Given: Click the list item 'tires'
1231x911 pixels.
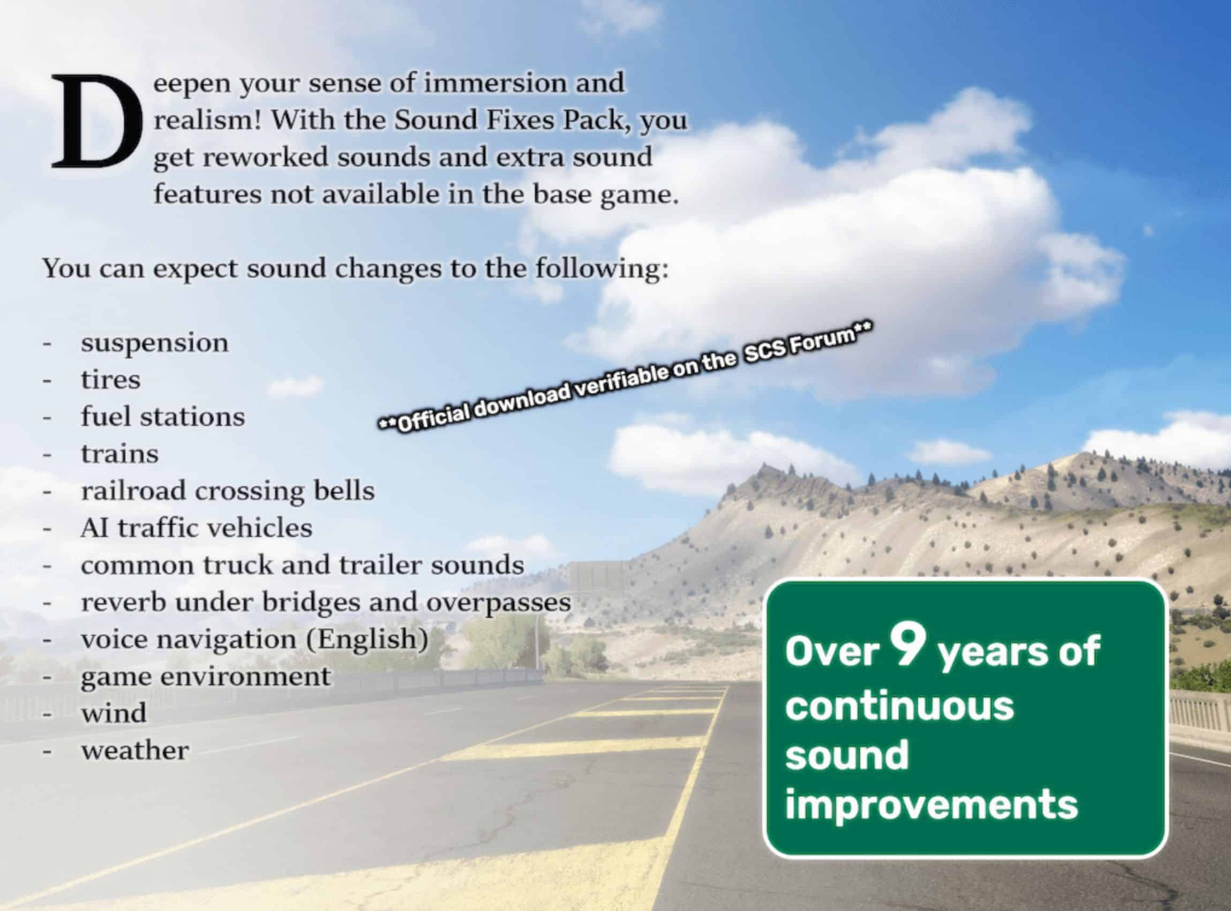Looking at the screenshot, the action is click(110, 379).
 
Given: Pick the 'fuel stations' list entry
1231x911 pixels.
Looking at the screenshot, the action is click(163, 416).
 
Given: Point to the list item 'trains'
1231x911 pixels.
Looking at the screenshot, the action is click(119, 454).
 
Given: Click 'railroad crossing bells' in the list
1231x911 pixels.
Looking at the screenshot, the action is click(228, 491).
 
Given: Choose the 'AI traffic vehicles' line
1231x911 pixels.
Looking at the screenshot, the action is click(197, 528).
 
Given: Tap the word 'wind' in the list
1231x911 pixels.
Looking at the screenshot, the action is click(114, 713).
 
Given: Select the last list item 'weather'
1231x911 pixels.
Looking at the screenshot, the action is click(135, 750).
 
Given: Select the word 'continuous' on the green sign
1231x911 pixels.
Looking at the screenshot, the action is click(899, 705).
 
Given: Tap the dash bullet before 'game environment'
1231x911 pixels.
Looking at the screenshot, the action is click(48, 677).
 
